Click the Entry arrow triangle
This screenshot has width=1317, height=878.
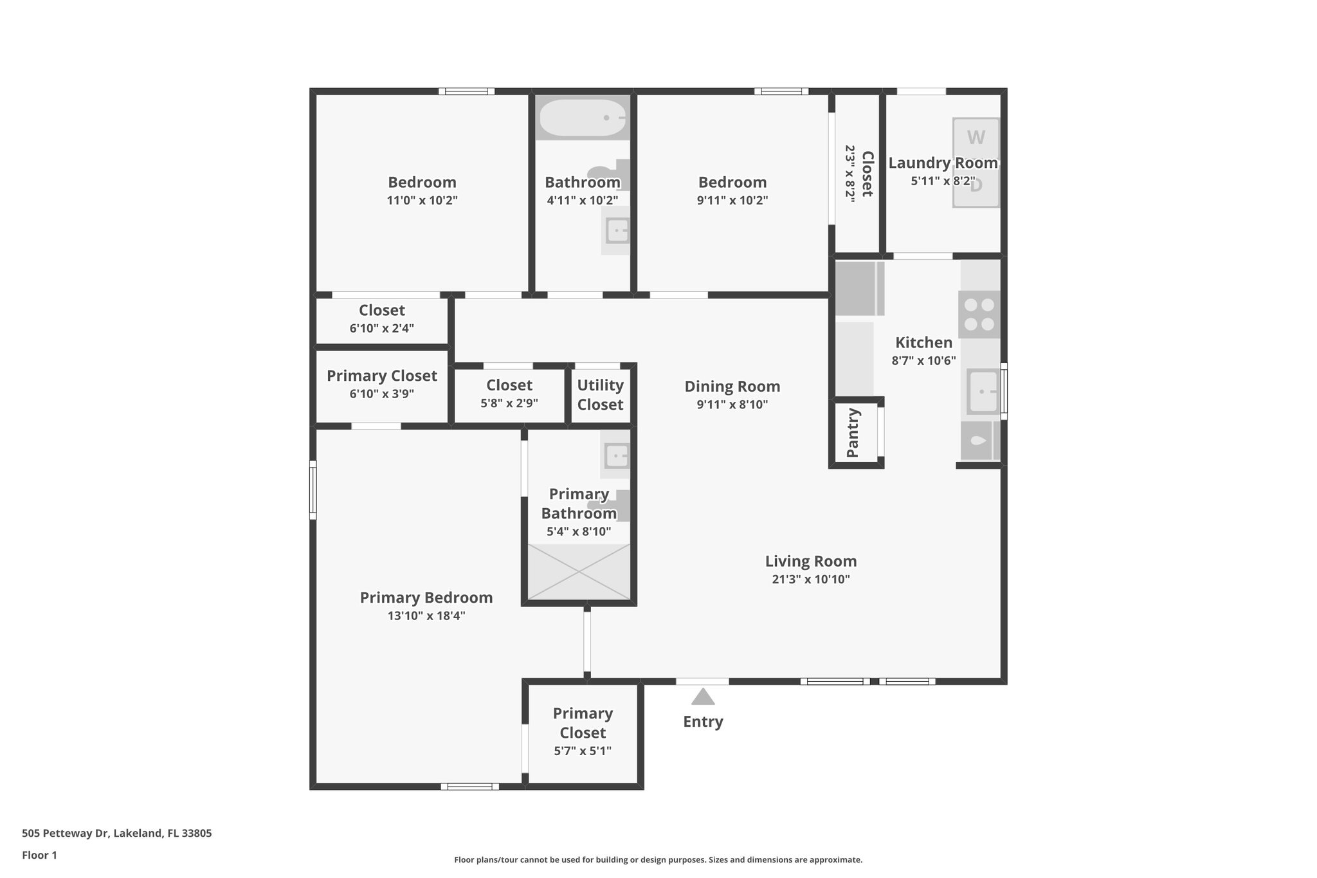tap(703, 697)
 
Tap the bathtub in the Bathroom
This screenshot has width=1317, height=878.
tap(582, 118)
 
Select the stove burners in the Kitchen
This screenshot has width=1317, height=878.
tap(979, 315)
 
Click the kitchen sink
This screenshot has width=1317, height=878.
tap(982, 392)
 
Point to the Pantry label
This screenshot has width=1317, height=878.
tap(853, 432)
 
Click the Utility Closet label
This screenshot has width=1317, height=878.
tap(600, 395)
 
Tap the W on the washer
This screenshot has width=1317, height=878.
tap(976, 138)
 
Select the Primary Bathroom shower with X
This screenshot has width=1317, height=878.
tap(579, 572)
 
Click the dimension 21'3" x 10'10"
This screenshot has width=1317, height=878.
tap(810, 580)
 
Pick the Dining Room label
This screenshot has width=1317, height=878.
tap(732, 387)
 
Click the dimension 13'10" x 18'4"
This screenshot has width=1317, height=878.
tap(426, 616)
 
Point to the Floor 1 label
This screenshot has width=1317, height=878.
tap(39, 855)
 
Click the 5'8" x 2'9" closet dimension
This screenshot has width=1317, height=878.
tap(509, 403)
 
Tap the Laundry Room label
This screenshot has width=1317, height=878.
tap(943, 163)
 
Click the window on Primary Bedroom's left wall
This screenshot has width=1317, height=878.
tap(313, 489)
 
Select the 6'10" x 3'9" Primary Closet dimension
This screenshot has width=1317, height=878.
tap(381, 394)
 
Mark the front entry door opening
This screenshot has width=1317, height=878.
tap(702, 681)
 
